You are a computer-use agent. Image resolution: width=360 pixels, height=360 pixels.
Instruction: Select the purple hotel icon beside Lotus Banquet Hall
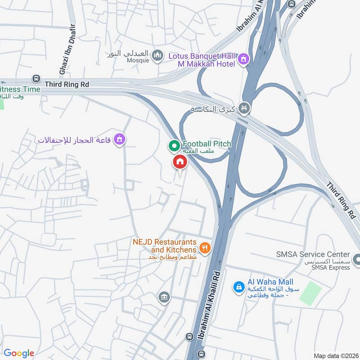tap(243, 59)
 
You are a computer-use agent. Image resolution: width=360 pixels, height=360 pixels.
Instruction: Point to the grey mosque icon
tap(157, 56)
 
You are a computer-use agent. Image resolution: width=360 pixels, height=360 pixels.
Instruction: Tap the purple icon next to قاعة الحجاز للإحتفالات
tap(119, 139)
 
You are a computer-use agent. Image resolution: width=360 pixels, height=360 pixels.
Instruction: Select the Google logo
tap(19, 353)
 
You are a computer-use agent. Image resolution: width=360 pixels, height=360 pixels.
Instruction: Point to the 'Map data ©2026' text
tap(335, 355)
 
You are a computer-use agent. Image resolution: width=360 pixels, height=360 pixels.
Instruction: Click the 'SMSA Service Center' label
tap(313, 254)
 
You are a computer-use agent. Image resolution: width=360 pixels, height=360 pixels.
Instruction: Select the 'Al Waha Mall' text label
tap(268, 282)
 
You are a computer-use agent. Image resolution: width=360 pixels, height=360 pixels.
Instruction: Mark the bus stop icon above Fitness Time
tap(36, 78)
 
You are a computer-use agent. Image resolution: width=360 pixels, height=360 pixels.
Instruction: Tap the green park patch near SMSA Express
tap(310, 293)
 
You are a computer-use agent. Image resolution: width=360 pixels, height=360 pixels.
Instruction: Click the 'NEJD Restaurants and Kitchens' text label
tap(165, 246)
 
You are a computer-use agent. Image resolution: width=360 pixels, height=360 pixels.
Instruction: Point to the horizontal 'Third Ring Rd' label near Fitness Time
tap(67, 84)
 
